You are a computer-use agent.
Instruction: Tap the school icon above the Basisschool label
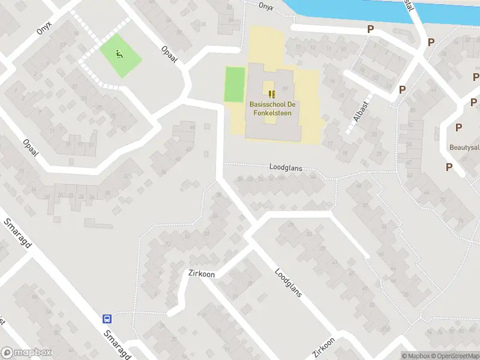272,94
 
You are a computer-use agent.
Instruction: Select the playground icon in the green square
119,55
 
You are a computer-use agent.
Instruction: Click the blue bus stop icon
107,319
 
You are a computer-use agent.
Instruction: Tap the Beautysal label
464,147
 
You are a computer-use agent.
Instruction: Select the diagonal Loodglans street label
288,282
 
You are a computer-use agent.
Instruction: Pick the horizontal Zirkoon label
200,274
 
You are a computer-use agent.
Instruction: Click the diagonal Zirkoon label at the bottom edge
323,347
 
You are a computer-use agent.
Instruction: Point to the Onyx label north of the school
266,6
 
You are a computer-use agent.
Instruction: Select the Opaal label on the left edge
30,148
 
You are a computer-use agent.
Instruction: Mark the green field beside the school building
235,85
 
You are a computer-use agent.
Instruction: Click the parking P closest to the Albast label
402,89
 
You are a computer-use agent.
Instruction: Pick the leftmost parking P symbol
371,29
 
